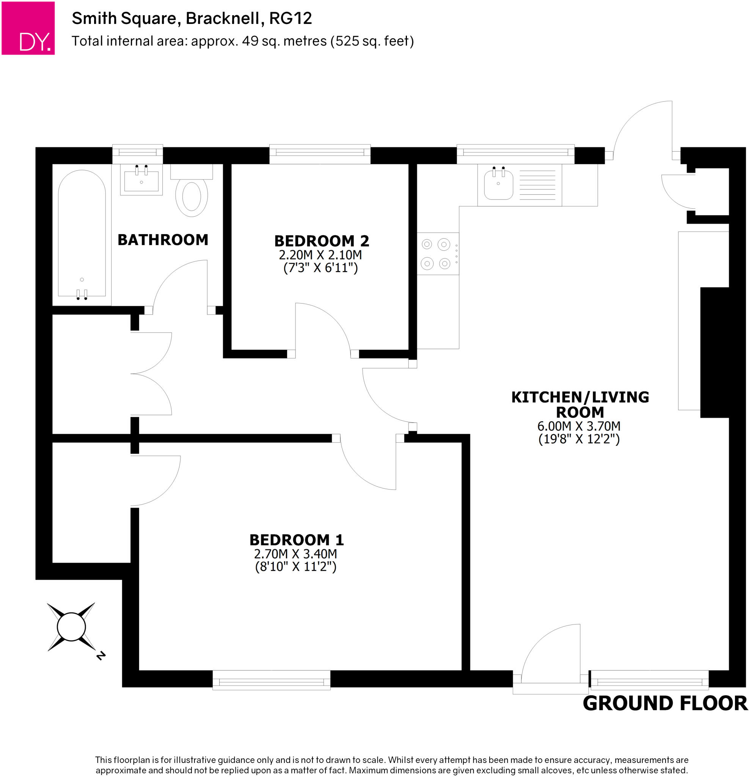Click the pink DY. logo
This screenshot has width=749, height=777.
[x=28, y=28]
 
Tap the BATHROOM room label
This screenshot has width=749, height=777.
[x=163, y=240]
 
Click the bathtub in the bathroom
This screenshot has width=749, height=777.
[x=82, y=234]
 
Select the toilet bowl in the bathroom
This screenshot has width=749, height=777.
[x=192, y=197]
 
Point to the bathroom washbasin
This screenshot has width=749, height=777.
[x=141, y=182]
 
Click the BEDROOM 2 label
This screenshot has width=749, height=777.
[x=321, y=241]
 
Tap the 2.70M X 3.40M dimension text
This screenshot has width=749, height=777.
[x=296, y=554]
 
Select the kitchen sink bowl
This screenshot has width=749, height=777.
[x=498, y=185]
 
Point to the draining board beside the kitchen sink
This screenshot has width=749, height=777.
[x=537, y=185]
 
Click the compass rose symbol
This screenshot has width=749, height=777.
[x=71, y=627]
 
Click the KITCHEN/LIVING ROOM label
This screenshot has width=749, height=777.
[x=580, y=405]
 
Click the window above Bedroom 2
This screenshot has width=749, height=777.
[x=320, y=153]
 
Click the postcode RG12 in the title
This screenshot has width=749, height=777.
[x=290, y=19]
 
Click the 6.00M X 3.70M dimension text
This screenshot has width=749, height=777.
[x=579, y=426]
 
